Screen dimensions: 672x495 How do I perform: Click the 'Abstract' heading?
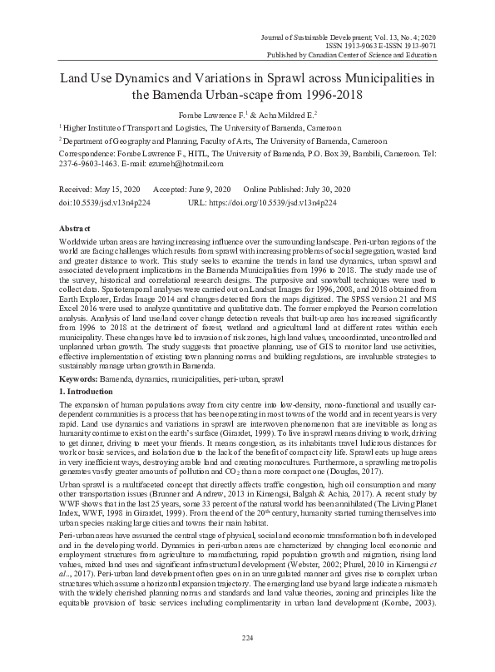(75, 228)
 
